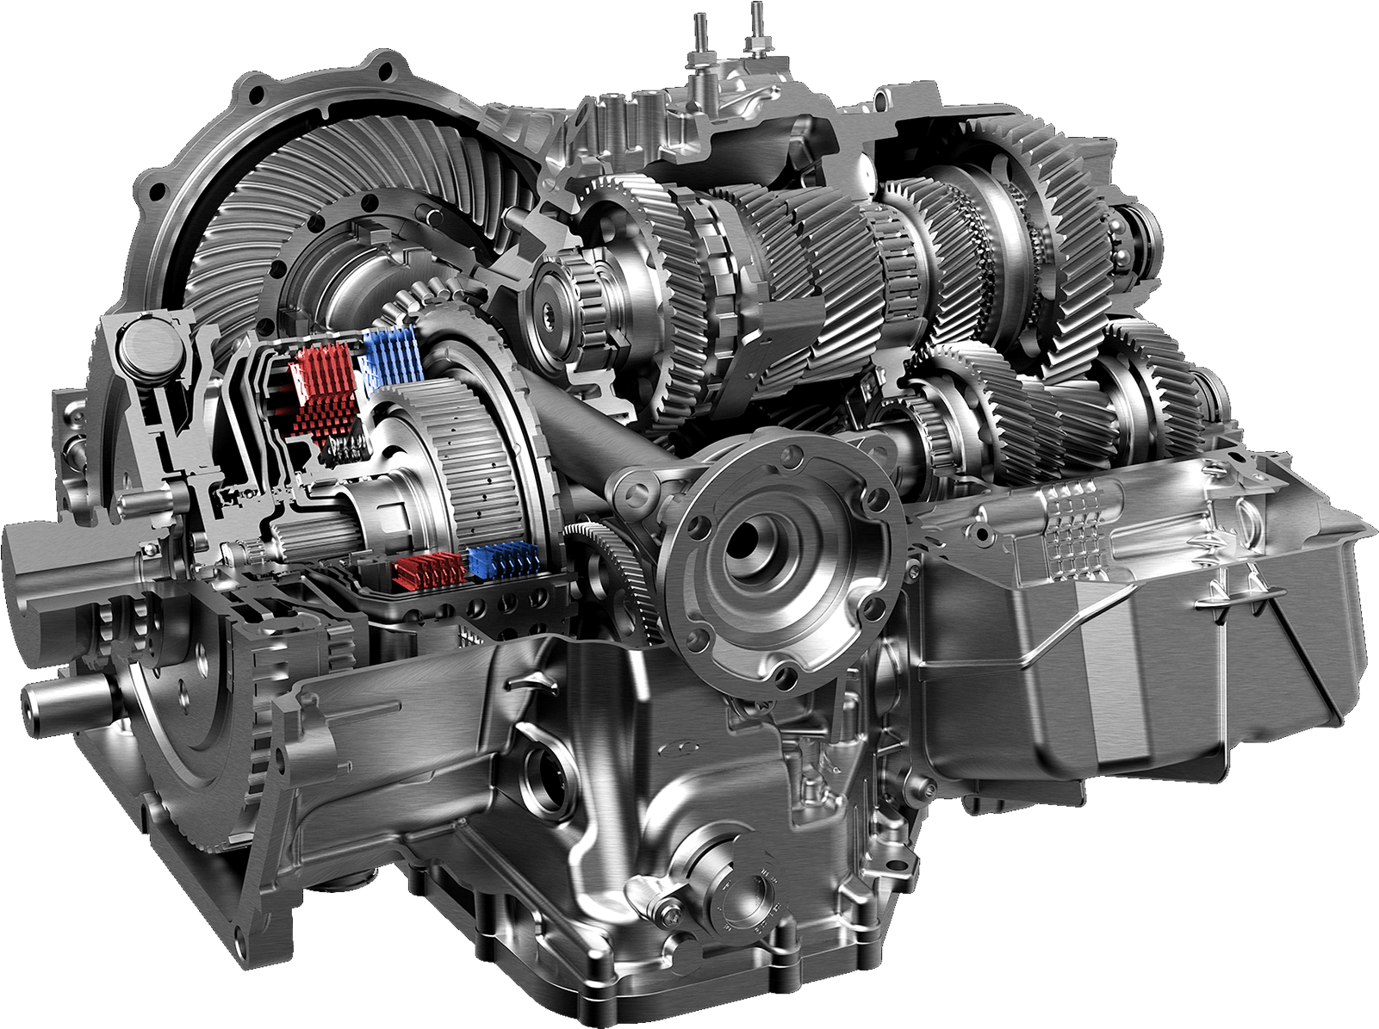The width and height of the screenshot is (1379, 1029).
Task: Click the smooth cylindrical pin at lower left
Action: point(65,697)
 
